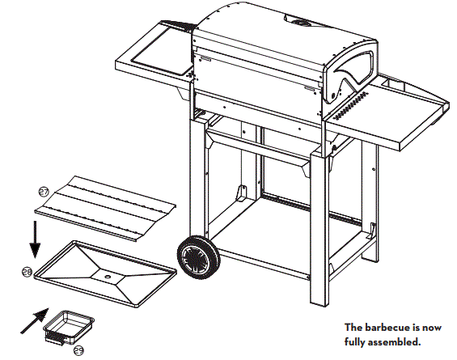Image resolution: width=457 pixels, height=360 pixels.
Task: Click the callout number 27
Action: click(44, 191)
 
